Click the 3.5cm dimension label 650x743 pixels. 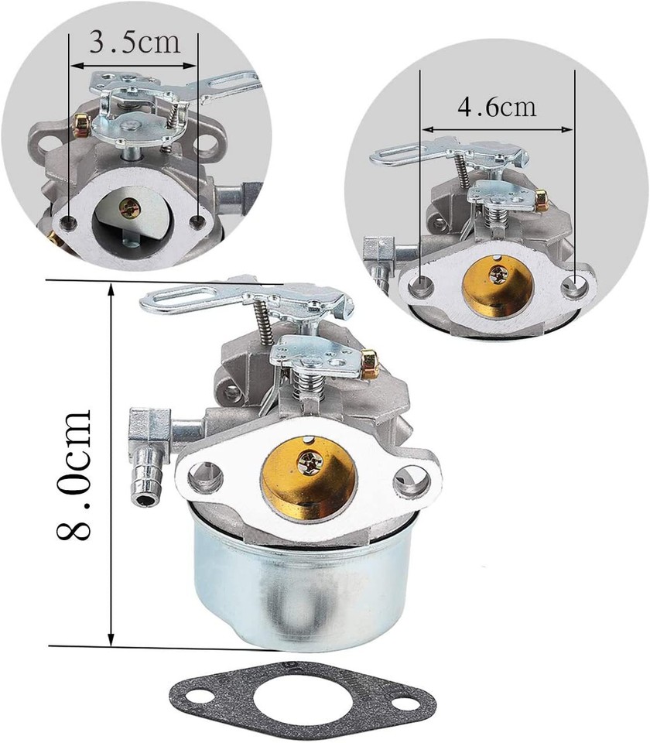coord(135,42)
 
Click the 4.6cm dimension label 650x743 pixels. coord(497,107)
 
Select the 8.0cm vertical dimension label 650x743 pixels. coord(74,474)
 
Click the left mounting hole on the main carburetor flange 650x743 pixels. coord(205,476)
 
